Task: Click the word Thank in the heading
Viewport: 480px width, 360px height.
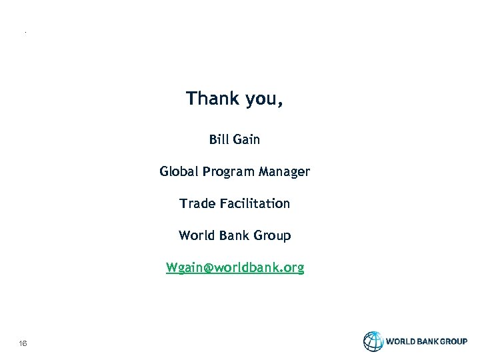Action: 213,99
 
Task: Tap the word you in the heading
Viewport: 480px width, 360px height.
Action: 261,100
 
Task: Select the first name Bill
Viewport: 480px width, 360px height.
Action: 219,139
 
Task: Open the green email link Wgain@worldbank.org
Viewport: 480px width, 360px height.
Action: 235,268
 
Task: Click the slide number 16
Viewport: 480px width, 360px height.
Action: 23,343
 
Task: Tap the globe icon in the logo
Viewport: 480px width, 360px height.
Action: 373,341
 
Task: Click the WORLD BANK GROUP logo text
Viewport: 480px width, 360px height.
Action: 427,341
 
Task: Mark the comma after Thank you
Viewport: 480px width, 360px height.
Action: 280,104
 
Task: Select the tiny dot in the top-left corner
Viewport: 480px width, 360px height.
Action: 25,32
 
